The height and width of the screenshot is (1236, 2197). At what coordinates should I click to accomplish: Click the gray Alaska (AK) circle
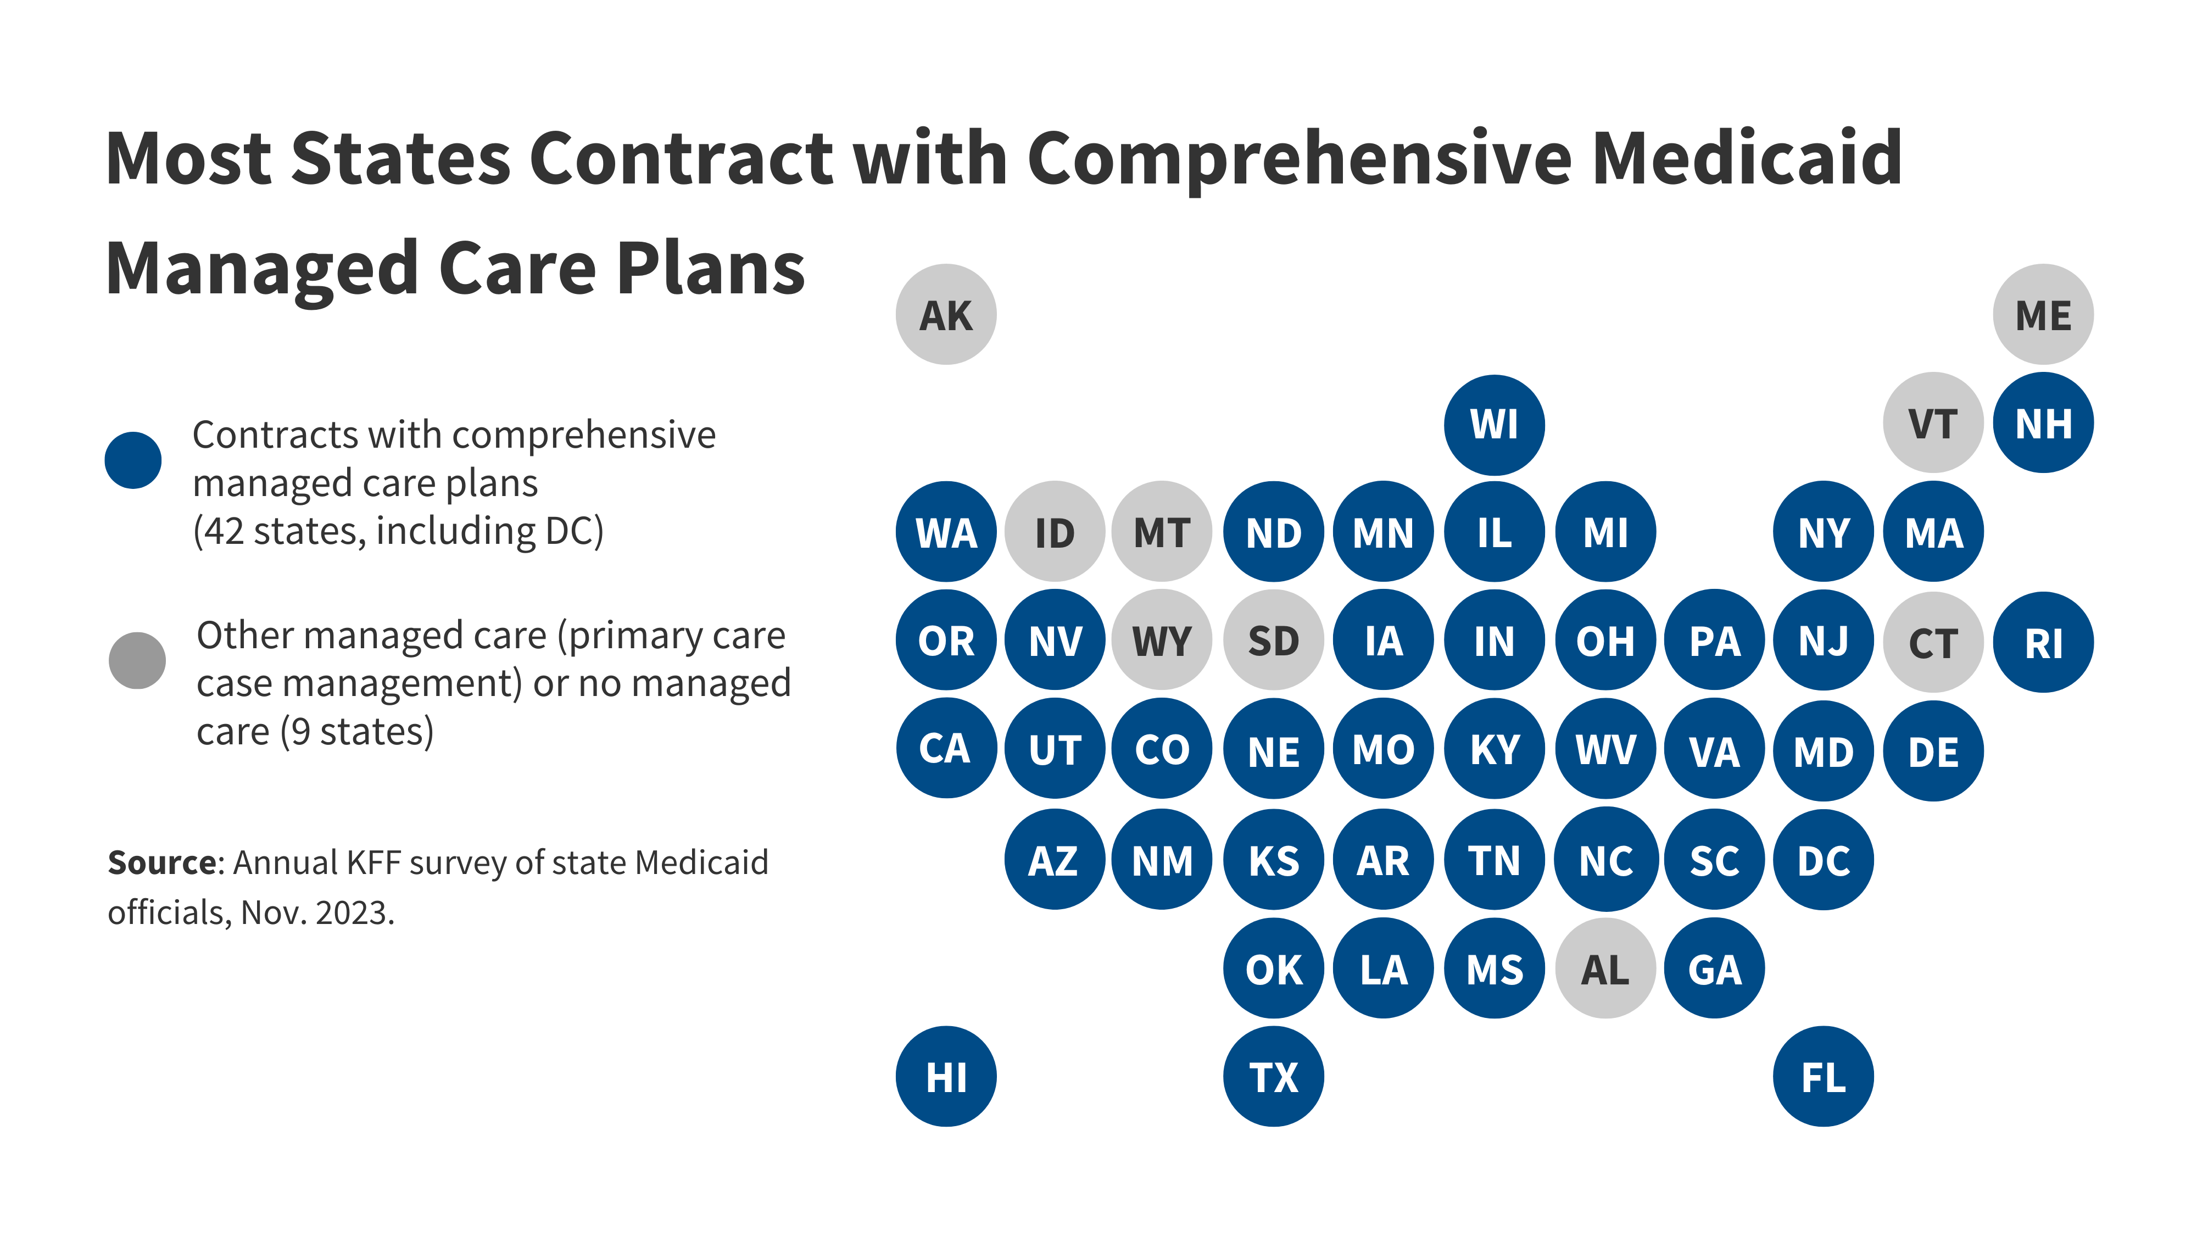point(946,315)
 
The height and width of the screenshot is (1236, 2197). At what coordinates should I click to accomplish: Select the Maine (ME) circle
point(2043,315)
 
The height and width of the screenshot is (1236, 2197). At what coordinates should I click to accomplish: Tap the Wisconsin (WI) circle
point(1494,424)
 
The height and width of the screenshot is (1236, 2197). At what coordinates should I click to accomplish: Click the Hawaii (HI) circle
point(946,1077)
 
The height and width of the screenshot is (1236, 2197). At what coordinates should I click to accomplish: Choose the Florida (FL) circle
point(1824,1077)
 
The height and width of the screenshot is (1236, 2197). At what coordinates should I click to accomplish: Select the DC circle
point(1824,860)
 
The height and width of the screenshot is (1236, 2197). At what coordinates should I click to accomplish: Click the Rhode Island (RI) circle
point(2043,642)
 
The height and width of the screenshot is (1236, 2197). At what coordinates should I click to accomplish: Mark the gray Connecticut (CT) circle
point(1933,642)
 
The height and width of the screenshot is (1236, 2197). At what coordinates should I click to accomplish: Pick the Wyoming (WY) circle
point(1162,641)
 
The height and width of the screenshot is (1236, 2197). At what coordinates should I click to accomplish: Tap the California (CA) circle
point(946,748)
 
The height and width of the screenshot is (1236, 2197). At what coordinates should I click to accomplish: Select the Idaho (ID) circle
point(1055,532)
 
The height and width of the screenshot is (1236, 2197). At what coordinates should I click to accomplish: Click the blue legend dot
point(133,461)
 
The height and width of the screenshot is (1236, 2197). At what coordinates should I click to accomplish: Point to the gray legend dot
point(137,660)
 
